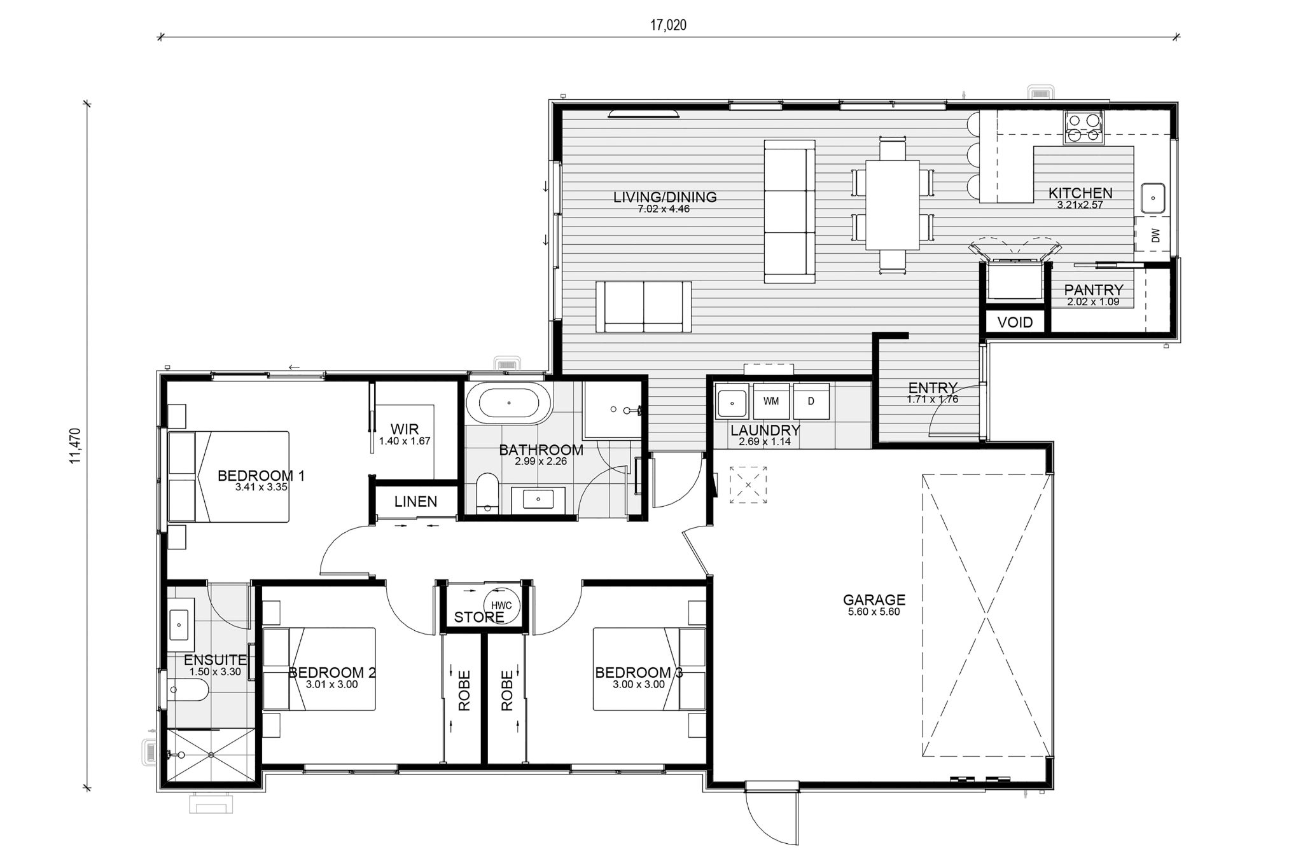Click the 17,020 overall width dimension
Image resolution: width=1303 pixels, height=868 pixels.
pyautogui.click(x=668, y=25)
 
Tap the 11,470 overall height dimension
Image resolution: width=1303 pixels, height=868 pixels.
pyautogui.click(x=76, y=446)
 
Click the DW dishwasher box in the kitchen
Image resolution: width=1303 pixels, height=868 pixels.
pyautogui.click(x=1156, y=235)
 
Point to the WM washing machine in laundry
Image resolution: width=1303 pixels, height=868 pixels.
pyautogui.click(x=771, y=401)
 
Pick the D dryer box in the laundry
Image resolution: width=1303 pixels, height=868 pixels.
pyautogui.click(x=811, y=401)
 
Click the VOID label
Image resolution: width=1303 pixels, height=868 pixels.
pyautogui.click(x=1015, y=322)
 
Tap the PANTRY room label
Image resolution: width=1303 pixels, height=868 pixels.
pyautogui.click(x=1094, y=291)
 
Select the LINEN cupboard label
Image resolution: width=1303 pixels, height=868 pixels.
pyautogui.click(x=415, y=501)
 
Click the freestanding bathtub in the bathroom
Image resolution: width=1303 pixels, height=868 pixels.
pyautogui.click(x=508, y=403)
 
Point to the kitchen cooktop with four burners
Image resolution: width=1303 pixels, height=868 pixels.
pyautogui.click(x=1084, y=127)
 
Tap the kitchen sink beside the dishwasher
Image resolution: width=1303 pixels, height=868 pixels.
pyautogui.click(x=1152, y=198)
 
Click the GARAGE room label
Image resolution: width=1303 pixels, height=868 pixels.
pyautogui.click(x=874, y=599)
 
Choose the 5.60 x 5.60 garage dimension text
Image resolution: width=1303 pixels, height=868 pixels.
pyautogui.click(x=874, y=612)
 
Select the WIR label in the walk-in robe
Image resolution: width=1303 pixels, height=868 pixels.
pyautogui.click(x=405, y=429)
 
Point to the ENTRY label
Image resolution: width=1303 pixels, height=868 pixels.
pyautogui.click(x=933, y=388)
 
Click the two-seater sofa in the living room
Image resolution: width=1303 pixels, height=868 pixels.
pyautogui.click(x=643, y=307)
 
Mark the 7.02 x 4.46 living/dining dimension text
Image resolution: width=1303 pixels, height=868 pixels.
pyautogui.click(x=664, y=209)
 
